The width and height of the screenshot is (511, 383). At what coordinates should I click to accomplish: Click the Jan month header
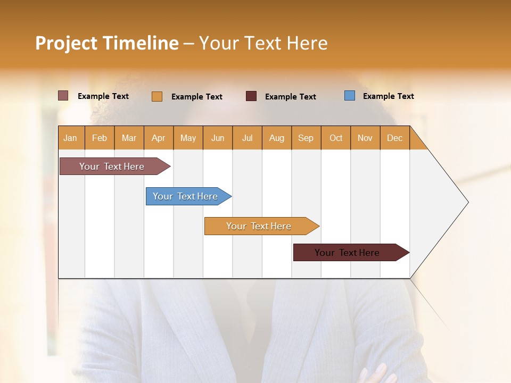[71, 138]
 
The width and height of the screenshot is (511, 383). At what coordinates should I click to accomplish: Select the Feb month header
[100, 138]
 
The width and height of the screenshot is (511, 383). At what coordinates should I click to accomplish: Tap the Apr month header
[159, 138]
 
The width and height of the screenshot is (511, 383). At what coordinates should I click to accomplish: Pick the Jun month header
[218, 138]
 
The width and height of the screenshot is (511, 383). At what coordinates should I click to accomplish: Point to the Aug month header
[277, 138]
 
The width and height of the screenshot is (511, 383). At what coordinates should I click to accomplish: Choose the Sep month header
[306, 138]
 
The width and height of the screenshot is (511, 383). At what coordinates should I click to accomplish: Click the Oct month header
[336, 138]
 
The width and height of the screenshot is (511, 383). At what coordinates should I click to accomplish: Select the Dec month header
[395, 138]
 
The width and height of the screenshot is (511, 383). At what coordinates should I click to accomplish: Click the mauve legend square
[63, 96]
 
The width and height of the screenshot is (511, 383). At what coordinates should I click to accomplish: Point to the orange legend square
[157, 96]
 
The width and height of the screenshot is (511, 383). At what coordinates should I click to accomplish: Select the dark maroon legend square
[251, 96]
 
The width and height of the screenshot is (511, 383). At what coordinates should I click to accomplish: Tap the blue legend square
[350, 96]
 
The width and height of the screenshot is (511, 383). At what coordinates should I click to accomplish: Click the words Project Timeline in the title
[107, 43]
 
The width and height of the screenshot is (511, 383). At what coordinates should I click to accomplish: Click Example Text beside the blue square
[389, 96]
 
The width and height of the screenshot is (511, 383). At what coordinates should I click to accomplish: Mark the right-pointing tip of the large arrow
[467, 202]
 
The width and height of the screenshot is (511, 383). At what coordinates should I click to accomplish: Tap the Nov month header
[365, 138]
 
